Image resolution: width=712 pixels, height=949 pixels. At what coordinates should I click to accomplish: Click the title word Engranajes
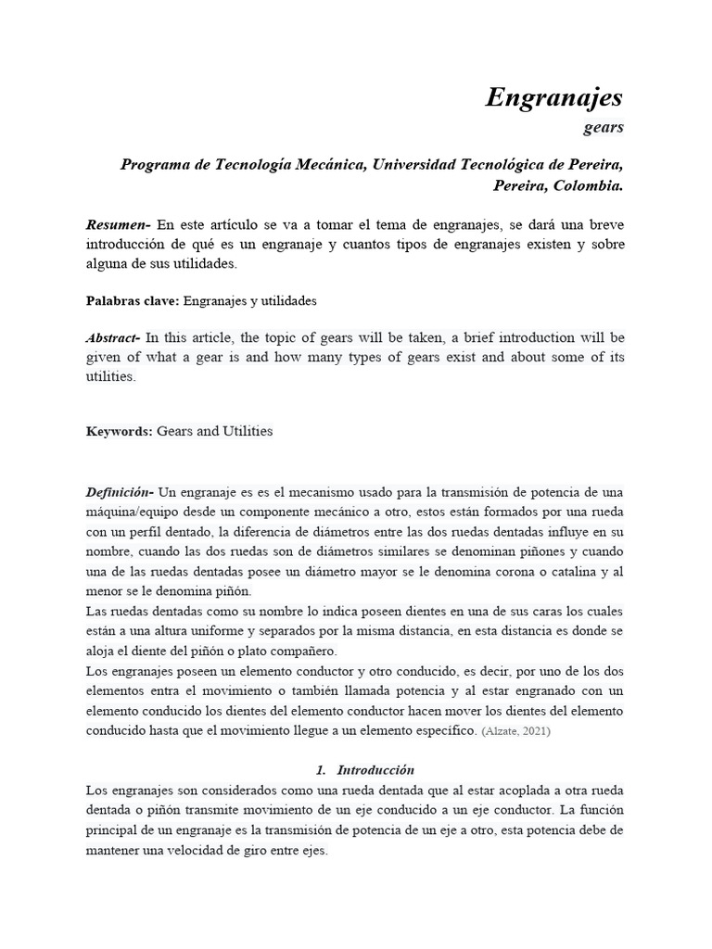click(x=554, y=97)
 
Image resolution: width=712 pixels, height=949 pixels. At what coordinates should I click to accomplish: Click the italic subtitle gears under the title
click(x=604, y=127)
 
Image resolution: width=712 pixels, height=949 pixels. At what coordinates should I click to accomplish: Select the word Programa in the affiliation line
click(x=153, y=164)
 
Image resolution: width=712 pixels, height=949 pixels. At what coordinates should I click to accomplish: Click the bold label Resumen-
click(x=118, y=224)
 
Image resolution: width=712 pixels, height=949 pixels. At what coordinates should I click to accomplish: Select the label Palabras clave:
click(x=132, y=301)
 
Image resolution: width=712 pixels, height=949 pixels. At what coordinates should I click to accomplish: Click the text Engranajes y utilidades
click(x=250, y=301)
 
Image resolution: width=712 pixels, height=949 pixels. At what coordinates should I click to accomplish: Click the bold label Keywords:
click(x=119, y=432)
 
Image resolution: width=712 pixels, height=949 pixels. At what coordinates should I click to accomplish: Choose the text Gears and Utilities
click(x=215, y=432)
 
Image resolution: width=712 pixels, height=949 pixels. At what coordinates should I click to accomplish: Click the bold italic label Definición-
click(x=119, y=491)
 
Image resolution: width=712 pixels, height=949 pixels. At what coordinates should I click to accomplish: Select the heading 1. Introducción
click(x=364, y=770)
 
